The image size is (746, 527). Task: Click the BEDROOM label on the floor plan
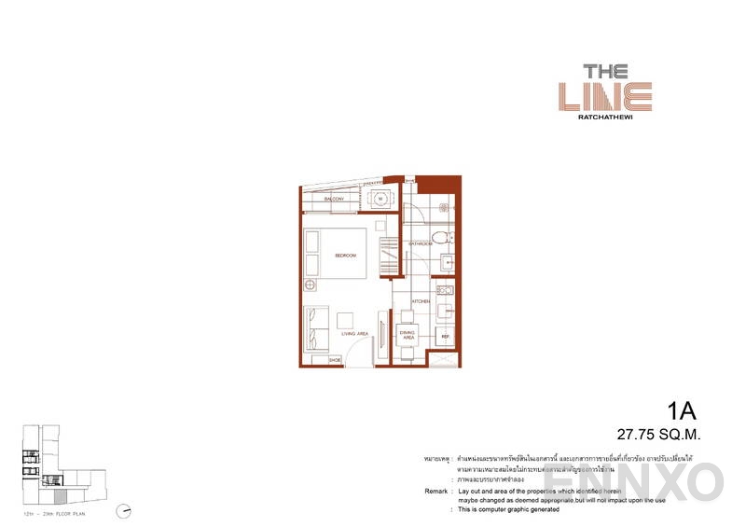click(x=346, y=255)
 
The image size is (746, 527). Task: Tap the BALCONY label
click(x=335, y=200)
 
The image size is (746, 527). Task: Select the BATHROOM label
click(x=420, y=244)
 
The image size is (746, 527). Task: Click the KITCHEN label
click(x=421, y=301)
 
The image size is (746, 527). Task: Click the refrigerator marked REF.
click(x=446, y=335)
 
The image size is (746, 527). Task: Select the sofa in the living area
click(x=313, y=329)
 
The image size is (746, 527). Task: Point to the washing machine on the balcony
click(x=380, y=199)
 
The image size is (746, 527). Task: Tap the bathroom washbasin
click(x=446, y=262)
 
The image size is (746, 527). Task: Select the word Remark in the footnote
click(x=433, y=490)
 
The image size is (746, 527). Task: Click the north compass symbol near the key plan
click(x=124, y=510)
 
